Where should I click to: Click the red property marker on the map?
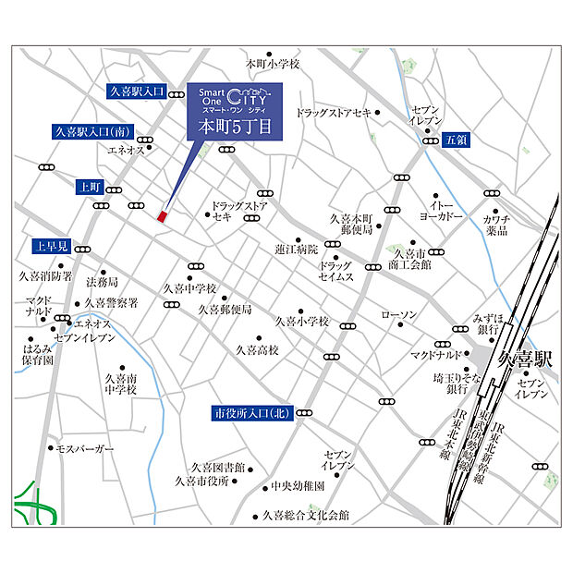coord(162,215)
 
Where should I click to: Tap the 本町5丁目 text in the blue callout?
coord(236,128)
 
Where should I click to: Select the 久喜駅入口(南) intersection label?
coord(92,131)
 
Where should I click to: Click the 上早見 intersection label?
coord(50,247)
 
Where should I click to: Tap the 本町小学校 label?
coord(273,65)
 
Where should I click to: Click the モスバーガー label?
coord(84,448)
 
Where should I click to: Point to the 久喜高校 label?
coord(258,350)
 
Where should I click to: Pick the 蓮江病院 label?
coord(296,249)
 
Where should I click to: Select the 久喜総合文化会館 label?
coord(306,516)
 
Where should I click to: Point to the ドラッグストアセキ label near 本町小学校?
coord(334,113)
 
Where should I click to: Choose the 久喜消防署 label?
coord(45,275)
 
